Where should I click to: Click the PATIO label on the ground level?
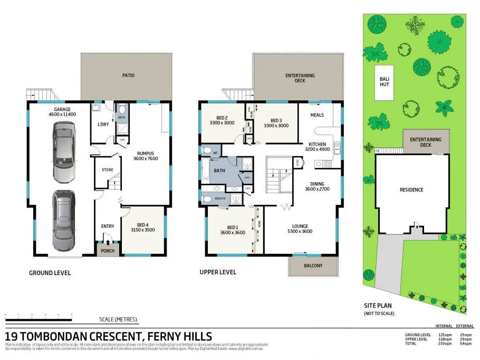(128, 75)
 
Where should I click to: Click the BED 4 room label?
(143, 228)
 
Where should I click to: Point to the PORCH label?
(108, 251)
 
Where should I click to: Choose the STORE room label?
(108, 170)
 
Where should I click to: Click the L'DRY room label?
(103, 125)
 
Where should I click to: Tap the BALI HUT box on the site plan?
(385, 82)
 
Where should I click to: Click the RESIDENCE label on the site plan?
(411, 190)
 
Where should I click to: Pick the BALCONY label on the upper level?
(313, 266)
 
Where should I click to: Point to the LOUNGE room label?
(298, 229)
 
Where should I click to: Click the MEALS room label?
(317, 115)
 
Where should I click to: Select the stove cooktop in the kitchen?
(327, 164)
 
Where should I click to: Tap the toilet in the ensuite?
(208, 199)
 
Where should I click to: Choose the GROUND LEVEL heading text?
(50, 273)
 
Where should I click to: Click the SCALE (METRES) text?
(118, 319)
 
